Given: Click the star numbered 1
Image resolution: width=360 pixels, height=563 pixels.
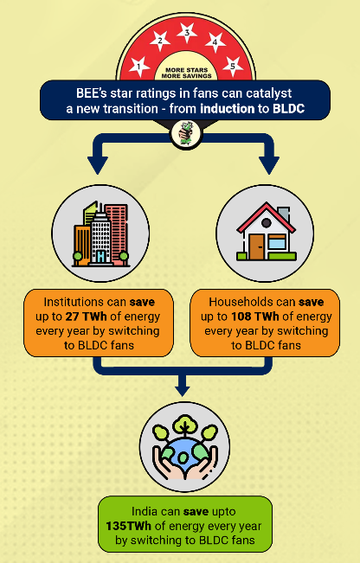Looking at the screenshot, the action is click(x=138, y=67).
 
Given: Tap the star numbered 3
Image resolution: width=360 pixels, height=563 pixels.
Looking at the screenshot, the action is click(x=187, y=33).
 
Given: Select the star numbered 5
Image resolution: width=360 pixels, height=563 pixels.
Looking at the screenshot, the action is click(x=233, y=67).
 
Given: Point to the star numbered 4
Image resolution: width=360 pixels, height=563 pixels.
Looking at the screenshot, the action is click(x=215, y=42).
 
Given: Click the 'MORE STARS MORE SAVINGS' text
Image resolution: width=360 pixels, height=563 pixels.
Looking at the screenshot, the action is click(x=186, y=73).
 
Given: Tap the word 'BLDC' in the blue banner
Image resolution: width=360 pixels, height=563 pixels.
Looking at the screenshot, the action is click(x=288, y=108).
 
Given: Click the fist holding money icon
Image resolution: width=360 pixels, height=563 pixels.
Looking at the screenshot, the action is click(x=186, y=133).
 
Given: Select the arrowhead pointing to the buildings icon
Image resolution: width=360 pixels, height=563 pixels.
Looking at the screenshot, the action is click(x=98, y=165).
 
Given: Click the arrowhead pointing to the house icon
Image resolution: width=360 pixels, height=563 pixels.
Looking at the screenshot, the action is click(x=269, y=165).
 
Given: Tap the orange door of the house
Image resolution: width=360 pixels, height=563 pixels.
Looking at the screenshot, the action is click(x=257, y=246).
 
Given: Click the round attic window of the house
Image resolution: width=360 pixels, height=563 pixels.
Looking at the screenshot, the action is click(x=267, y=223).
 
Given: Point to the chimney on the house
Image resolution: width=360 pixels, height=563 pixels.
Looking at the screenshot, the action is click(x=284, y=214).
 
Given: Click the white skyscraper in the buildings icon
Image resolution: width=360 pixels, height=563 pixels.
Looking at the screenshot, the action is click(x=100, y=238).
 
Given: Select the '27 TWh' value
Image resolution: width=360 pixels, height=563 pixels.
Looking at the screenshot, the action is click(x=86, y=317).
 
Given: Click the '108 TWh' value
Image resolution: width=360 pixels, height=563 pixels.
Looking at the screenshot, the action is click(x=254, y=317).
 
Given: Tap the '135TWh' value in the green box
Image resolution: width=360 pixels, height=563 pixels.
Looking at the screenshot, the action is click(x=128, y=526).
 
